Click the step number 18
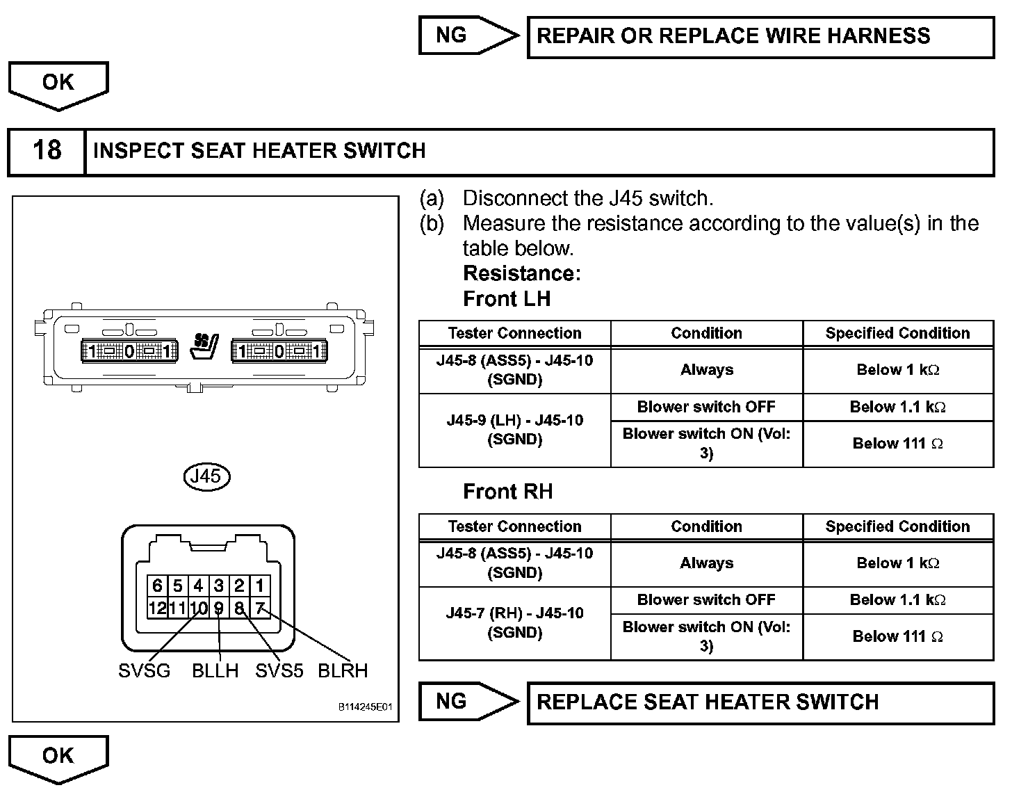(47, 151)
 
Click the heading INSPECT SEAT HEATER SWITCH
(259, 151)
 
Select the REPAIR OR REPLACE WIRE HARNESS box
(760, 36)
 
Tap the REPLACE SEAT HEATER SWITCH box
(760, 702)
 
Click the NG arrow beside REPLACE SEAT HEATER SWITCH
(467, 701)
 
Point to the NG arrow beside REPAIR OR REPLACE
(467, 35)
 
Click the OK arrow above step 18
(58, 83)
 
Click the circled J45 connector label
(206, 476)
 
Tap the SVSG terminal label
(144, 671)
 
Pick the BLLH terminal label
(215, 671)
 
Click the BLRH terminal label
(343, 671)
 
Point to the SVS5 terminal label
(279, 671)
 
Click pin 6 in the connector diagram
(157, 586)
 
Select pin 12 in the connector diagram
(156, 608)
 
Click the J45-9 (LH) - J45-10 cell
(514, 430)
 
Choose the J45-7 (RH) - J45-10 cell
(514, 623)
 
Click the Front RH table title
(507, 492)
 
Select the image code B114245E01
(366, 707)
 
